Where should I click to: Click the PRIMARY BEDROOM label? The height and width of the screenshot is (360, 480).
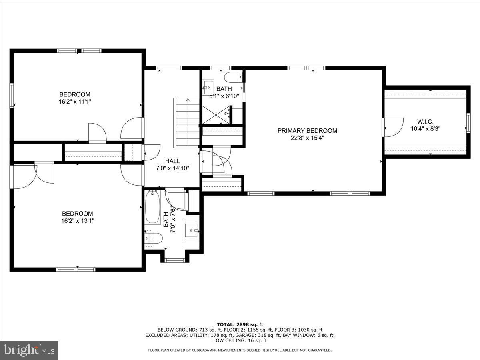click(307, 130)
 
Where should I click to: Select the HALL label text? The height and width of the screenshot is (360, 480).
click(172, 161)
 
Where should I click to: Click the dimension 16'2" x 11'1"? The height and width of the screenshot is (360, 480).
click(75, 102)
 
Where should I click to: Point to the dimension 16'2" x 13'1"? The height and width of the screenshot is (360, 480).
click(78, 220)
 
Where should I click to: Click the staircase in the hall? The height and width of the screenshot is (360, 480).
click(186, 122)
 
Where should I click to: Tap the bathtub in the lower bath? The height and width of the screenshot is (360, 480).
click(153, 208)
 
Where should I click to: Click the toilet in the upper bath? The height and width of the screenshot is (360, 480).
click(234, 76)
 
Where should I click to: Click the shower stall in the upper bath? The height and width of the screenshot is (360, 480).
click(216, 114)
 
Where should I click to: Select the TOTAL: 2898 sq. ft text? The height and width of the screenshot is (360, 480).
click(240, 324)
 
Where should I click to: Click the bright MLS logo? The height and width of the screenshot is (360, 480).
click(29, 350)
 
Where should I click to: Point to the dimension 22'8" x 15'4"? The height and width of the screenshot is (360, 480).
click(307, 138)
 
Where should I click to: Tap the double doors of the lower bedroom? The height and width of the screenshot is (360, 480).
click(34, 173)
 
